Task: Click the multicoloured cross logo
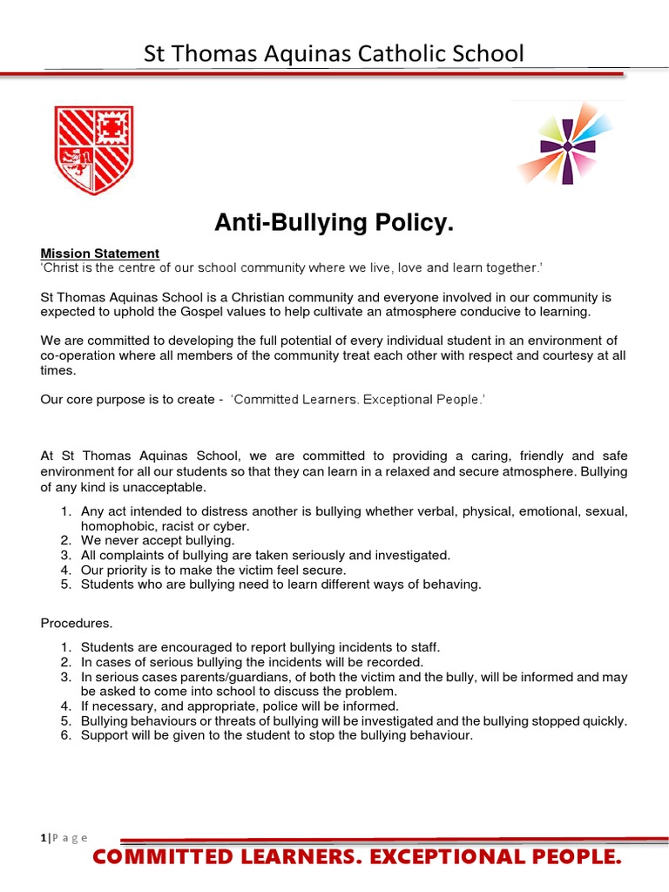568,145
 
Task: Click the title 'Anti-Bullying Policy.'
334,224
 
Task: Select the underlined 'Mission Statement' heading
100,253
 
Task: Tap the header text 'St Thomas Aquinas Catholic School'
334,54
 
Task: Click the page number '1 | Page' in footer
64,837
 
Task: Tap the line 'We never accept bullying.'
158,540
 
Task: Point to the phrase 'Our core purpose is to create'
127,400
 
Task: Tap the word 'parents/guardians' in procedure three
221,677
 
